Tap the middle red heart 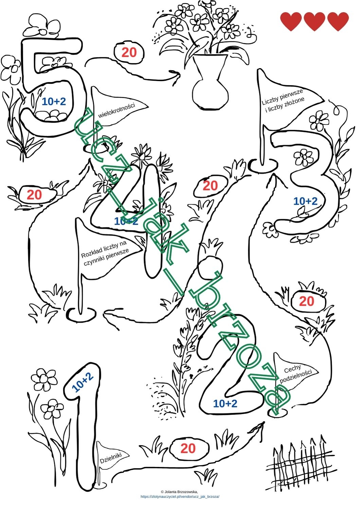(x=314, y=21)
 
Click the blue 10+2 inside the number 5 (x=54, y=101)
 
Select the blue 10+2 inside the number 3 (x=305, y=201)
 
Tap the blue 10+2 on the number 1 (x=83, y=382)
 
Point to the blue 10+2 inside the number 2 (x=225, y=403)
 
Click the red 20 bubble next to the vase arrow (x=129, y=53)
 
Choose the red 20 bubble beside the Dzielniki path (x=188, y=447)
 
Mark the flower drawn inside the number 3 (x=303, y=157)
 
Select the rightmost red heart (x=338, y=21)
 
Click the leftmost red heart (x=291, y=21)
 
